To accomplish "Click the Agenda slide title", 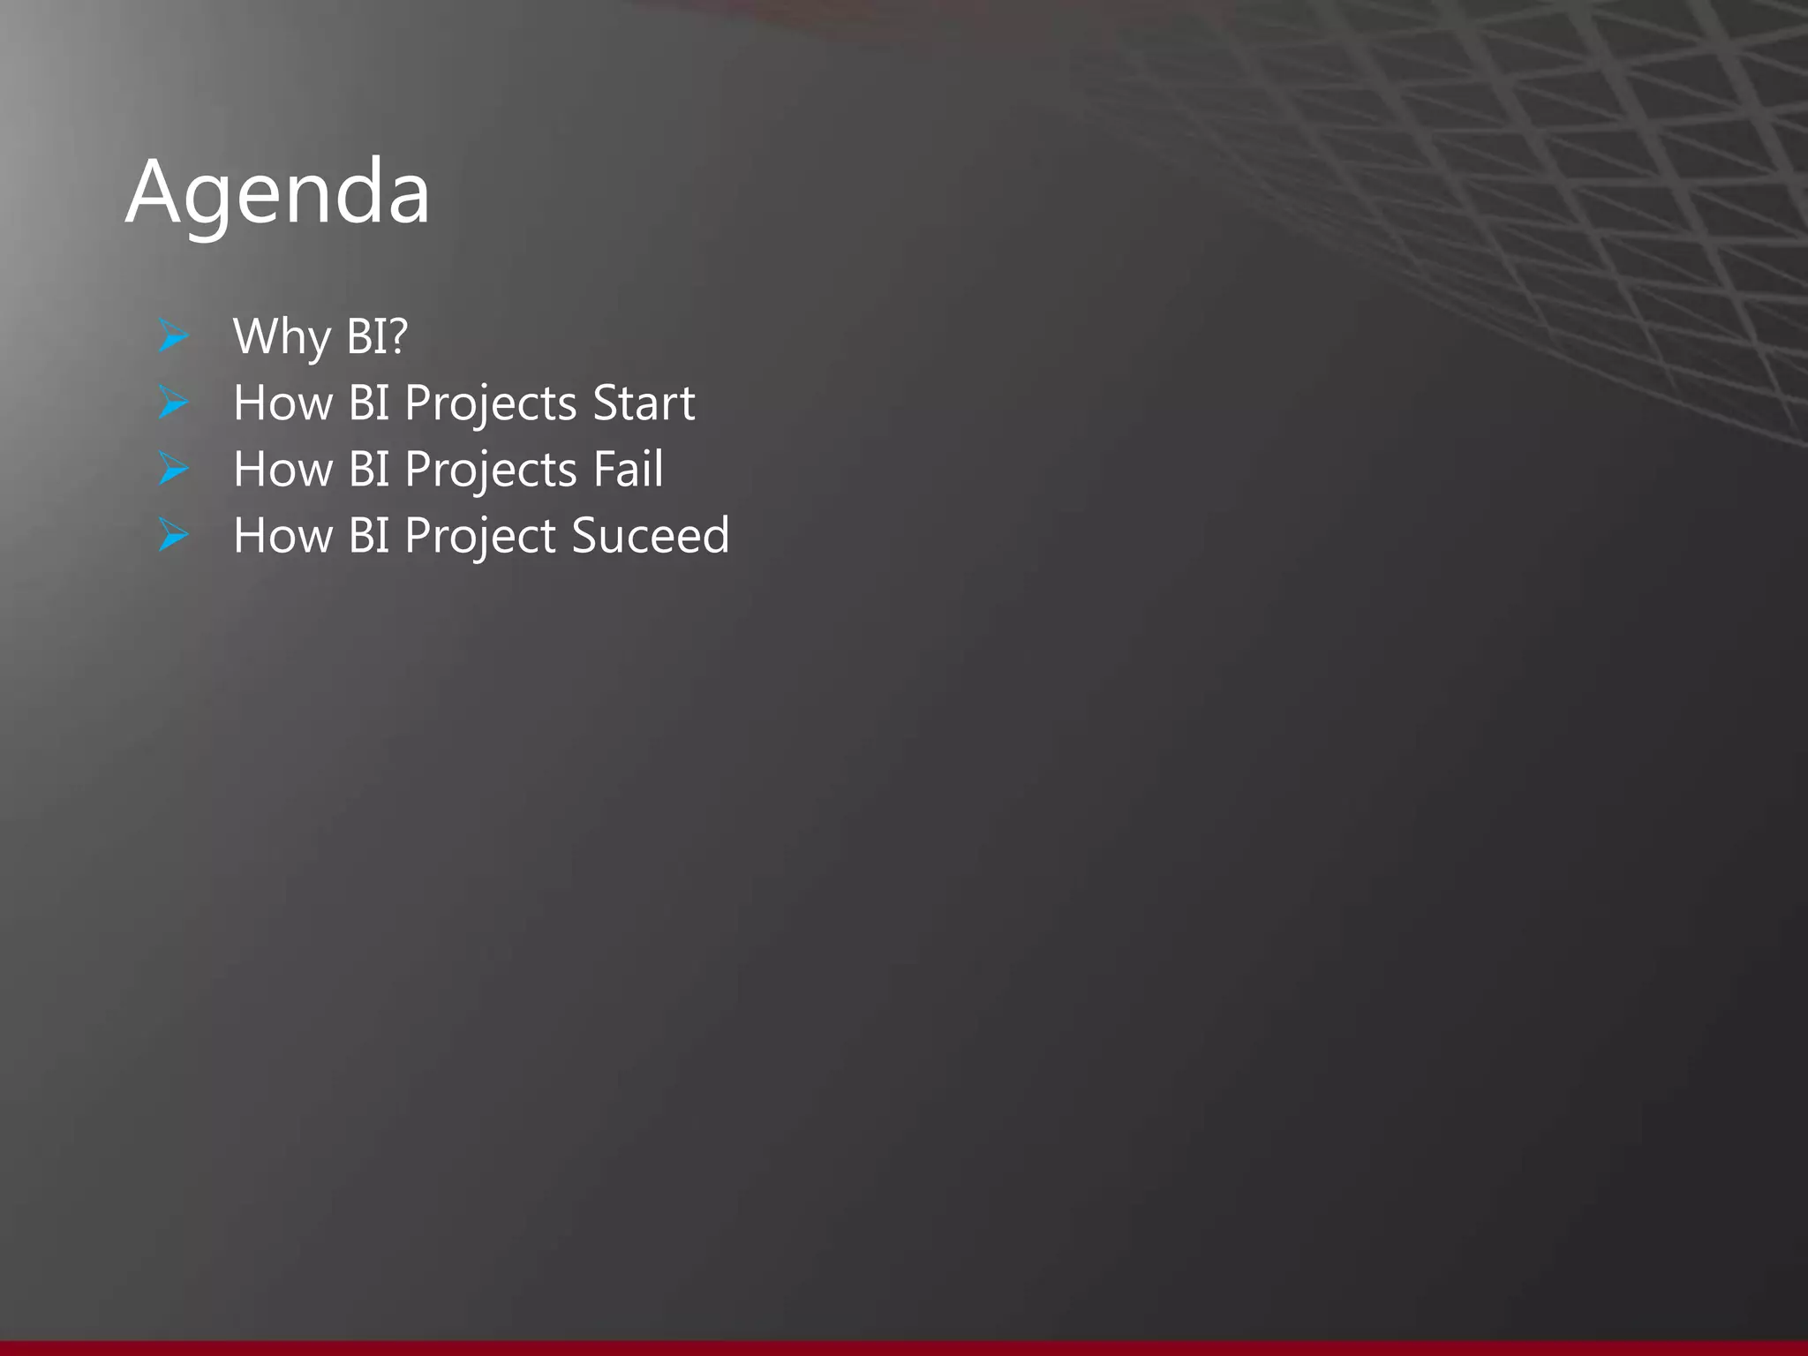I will [x=277, y=192].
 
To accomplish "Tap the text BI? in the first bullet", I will [x=377, y=336].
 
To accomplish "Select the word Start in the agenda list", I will [x=644, y=403].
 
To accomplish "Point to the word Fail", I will [x=628, y=469].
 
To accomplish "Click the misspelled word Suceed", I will [x=650, y=535].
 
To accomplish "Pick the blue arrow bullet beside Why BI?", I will [x=173, y=336].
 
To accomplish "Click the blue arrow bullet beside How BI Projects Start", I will [x=173, y=403].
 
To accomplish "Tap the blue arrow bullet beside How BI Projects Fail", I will [x=173, y=469].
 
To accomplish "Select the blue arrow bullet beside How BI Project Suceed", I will [x=173, y=535].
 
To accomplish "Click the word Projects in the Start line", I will [x=491, y=404].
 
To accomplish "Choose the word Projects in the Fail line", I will [x=491, y=471].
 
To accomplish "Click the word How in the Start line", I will [x=282, y=403].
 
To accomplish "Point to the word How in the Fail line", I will [x=282, y=469].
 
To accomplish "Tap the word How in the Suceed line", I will [x=282, y=535].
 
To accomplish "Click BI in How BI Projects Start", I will [x=369, y=403].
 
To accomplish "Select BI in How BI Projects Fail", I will [x=369, y=469].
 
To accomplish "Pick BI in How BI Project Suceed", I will [x=369, y=535].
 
